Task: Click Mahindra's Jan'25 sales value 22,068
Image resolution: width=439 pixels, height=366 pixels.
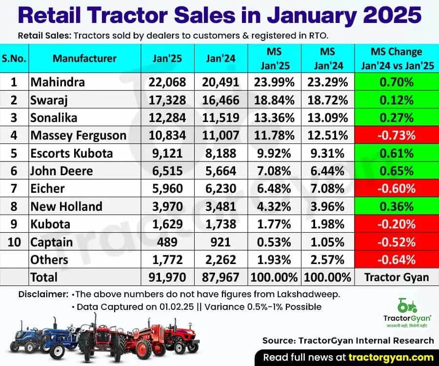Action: point(167,82)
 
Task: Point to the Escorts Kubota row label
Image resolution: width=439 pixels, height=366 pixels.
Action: point(71,153)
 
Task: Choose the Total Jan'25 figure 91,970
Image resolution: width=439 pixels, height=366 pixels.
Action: point(167,277)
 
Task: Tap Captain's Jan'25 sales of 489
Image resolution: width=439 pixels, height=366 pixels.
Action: point(167,242)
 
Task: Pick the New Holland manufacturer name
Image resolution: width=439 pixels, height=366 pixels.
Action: point(66,206)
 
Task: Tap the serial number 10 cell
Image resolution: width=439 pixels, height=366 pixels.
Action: point(15,242)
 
